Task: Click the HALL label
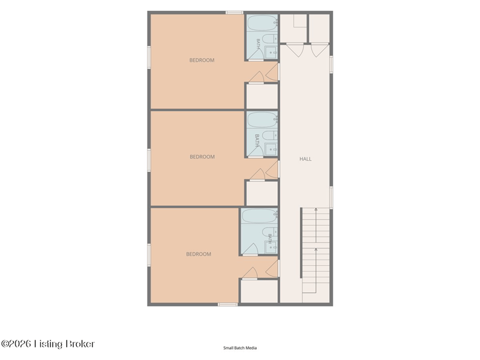pyautogui.click(x=305, y=159)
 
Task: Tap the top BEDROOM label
pyautogui.click(x=202, y=60)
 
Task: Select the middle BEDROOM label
pyautogui.click(x=202, y=157)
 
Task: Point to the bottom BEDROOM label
pyautogui.click(x=199, y=254)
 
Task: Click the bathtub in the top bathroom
pyautogui.click(x=262, y=23)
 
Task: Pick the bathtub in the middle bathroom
pyautogui.click(x=262, y=119)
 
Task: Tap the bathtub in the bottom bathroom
pyautogui.click(x=259, y=216)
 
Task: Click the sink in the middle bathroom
pyautogui.click(x=271, y=149)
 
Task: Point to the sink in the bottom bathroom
pyautogui.click(x=271, y=247)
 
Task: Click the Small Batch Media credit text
pyautogui.click(x=240, y=348)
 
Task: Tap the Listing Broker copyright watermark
pyautogui.click(x=48, y=344)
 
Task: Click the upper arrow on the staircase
pyautogui.click(x=316, y=226)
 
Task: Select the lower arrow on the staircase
pyautogui.click(x=316, y=271)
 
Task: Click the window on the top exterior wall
pyautogui.click(x=235, y=13)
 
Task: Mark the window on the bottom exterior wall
pyautogui.click(x=227, y=304)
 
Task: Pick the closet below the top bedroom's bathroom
pyautogui.click(x=262, y=96)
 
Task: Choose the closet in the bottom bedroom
pyautogui.click(x=259, y=291)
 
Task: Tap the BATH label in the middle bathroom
pyautogui.click(x=257, y=140)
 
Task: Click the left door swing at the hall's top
pyautogui.click(x=295, y=51)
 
